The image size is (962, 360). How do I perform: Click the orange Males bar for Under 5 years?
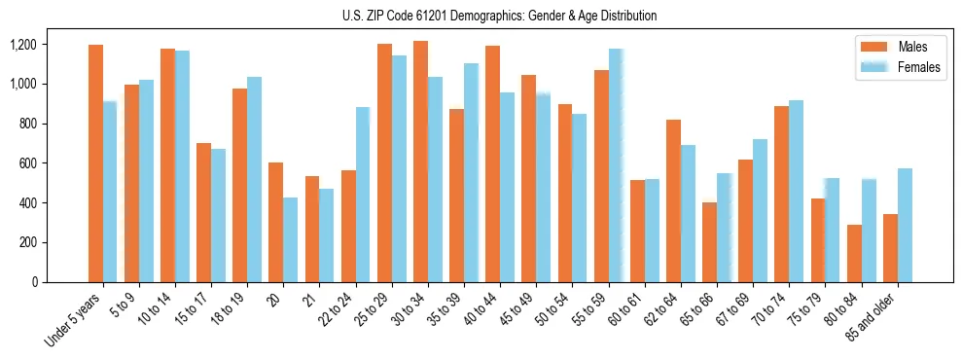(x=95, y=163)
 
